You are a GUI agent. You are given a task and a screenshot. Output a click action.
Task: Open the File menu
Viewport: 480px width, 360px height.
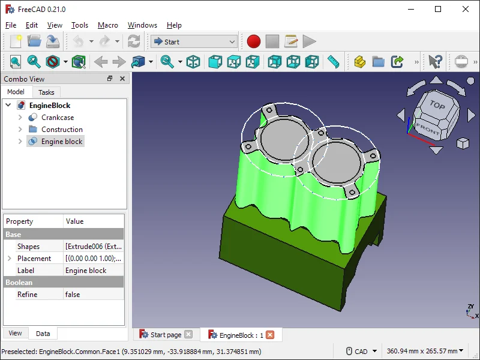tap(11, 25)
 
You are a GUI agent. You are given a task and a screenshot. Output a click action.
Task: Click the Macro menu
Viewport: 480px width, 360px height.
tap(108, 25)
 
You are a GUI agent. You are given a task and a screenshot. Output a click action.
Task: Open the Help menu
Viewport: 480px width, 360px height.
tap(174, 25)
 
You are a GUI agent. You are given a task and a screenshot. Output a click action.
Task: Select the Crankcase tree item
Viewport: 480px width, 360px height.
tap(58, 118)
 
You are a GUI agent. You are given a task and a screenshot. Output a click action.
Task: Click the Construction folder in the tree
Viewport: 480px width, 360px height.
tap(62, 130)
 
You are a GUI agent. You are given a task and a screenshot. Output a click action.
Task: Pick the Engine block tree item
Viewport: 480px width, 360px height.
tap(62, 142)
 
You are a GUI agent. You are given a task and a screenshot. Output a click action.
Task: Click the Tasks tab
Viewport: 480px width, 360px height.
tap(46, 92)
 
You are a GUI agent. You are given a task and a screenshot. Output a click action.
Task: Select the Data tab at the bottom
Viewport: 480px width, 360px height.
tap(43, 334)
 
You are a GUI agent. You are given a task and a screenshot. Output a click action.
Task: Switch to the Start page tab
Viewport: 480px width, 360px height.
tap(165, 335)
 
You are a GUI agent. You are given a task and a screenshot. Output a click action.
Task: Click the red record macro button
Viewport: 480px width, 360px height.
tap(254, 41)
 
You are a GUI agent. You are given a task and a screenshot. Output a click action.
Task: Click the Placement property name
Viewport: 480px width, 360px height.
tap(34, 259)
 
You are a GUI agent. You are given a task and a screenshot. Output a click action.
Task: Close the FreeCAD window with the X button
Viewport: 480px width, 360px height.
tap(466, 9)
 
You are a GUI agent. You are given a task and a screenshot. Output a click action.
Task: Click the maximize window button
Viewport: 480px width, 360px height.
tap(438, 9)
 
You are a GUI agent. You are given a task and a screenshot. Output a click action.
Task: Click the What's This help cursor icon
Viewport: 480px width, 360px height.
tap(435, 61)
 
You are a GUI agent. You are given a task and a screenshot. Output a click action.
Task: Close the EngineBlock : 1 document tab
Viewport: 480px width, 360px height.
tap(270, 335)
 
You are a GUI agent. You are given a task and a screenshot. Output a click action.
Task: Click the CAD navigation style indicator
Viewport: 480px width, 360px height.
tap(362, 352)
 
